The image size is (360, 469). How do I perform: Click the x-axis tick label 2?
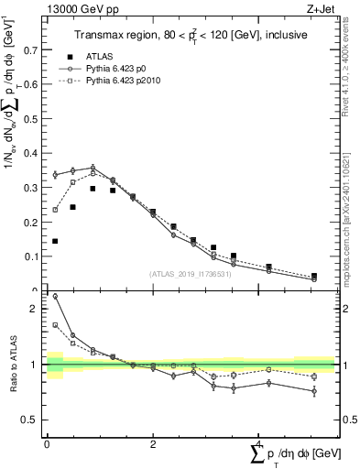coord(152,444)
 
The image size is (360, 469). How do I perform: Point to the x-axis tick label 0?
coord(47,444)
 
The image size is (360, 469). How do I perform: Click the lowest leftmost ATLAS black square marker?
coord(55,241)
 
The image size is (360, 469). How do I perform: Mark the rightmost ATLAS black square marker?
coord(314,276)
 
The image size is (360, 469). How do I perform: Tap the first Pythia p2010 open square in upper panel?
coord(55,210)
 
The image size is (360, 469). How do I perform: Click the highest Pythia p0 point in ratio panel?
coord(55,296)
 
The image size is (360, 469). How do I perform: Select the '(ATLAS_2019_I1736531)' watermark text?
coord(191,273)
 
